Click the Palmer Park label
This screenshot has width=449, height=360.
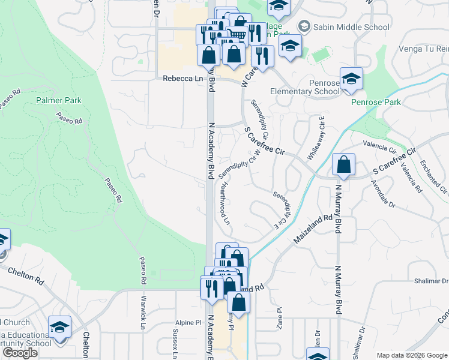pyautogui.click(x=58, y=100)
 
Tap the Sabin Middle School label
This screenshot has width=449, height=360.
pyautogui.click(x=343, y=27)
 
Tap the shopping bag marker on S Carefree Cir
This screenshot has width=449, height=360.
pyautogui.click(x=343, y=164)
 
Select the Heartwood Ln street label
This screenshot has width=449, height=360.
pyautogui.click(x=224, y=203)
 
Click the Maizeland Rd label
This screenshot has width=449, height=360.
pyautogui.click(x=313, y=230)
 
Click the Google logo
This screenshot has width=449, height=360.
pyautogui.click(x=20, y=353)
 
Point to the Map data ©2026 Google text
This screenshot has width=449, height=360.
pyautogui.click(x=411, y=355)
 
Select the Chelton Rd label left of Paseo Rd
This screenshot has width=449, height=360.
pyautogui.click(x=27, y=276)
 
